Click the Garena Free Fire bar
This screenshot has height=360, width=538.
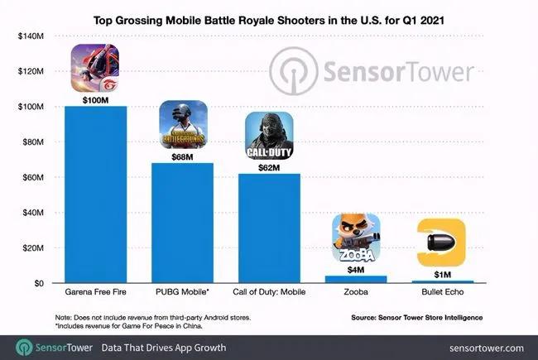tap(95, 194)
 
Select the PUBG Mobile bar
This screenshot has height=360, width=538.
tap(181, 223)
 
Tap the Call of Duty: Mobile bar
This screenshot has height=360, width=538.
tap(269, 228)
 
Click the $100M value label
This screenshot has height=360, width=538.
tap(95, 99)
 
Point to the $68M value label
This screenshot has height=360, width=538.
tap(181, 156)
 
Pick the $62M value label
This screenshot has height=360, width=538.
tap(269, 167)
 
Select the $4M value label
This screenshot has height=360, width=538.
tap(356, 269)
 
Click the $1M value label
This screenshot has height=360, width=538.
tap(441, 274)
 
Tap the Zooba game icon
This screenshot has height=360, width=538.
tap(356, 238)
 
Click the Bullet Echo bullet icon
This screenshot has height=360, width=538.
tap(441, 242)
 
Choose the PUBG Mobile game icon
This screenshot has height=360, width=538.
tap(181, 126)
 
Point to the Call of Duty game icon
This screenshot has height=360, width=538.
tap(269, 136)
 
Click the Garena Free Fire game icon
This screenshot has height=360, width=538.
tap(95, 68)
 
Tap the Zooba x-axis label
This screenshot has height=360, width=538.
tap(356, 294)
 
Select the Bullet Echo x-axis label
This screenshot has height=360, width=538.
tap(441, 294)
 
